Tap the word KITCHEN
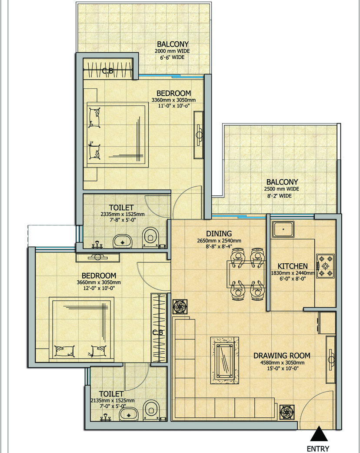tap(293, 266)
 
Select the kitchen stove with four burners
tap(325, 266)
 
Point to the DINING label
tap(219, 234)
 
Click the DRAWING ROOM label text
tap(282, 356)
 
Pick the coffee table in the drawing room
tap(225, 360)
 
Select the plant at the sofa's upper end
tap(179, 306)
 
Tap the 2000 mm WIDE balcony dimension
tap(172, 51)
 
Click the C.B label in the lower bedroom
tap(158, 333)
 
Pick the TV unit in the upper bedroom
tap(199, 134)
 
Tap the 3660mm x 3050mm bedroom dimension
tap(99, 282)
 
